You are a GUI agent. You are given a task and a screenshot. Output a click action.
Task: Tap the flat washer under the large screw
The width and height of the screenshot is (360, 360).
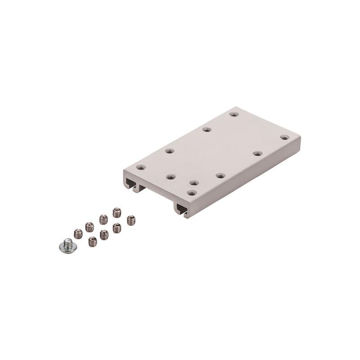click(x=67, y=247)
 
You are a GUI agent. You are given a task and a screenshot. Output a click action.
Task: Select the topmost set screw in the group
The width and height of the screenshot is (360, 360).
click(x=117, y=212)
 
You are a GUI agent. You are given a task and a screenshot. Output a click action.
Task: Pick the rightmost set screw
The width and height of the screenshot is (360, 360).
click(x=130, y=220)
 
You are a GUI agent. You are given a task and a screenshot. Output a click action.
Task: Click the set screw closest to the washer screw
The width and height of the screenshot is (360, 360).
click(x=78, y=234)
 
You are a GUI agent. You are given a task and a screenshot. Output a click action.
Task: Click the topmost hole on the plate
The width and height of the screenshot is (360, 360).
click(x=233, y=114)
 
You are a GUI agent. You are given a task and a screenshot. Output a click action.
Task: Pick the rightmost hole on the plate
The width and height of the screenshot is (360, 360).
click(x=284, y=137)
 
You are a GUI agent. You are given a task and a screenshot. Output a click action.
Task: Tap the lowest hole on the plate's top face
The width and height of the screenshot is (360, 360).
click(x=192, y=193)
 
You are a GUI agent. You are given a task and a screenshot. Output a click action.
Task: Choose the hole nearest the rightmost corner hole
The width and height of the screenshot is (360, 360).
click(x=257, y=153)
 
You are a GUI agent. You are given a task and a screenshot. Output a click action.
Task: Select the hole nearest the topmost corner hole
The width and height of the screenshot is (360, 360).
click(x=207, y=130)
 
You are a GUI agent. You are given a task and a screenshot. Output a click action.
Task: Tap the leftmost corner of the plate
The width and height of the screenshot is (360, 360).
click(x=124, y=171)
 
